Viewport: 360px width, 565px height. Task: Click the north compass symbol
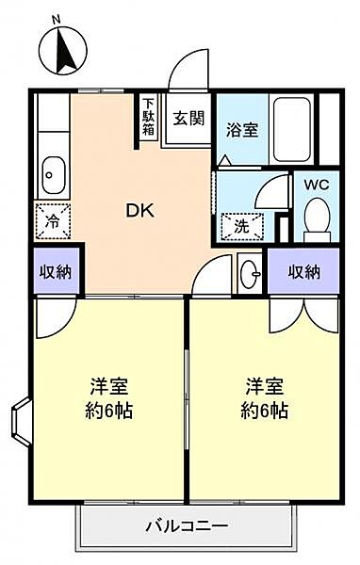(x=63, y=51)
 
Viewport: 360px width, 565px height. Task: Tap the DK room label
(x=140, y=211)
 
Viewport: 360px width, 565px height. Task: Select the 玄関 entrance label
(x=188, y=118)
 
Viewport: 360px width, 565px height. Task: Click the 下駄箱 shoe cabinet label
(x=148, y=117)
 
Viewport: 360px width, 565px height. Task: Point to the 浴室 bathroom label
(x=242, y=130)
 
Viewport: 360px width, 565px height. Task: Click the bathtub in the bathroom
(x=292, y=130)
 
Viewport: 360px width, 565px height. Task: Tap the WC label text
(x=317, y=186)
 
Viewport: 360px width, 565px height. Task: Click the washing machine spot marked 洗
(x=241, y=227)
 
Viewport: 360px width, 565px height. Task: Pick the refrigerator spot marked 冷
(x=53, y=221)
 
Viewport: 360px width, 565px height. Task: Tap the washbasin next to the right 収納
(x=250, y=274)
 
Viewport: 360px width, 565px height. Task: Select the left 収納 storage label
(x=56, y=272)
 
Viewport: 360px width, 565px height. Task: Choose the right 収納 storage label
(x=303, y=272)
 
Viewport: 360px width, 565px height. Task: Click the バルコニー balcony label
(x=187, y=526)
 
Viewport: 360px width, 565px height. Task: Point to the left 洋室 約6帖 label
(x=108, y=398)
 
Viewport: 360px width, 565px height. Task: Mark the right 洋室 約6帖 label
(x=264, y=398)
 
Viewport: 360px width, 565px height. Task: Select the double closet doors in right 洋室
(x=304, y=315)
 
